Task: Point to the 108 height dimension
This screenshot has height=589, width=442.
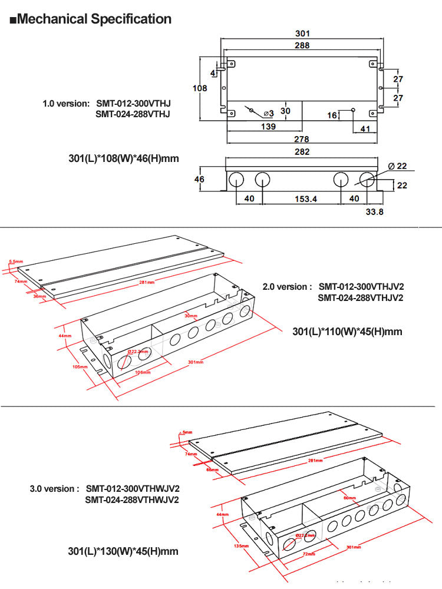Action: (200, 88)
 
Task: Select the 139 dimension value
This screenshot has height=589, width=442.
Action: (268, 127)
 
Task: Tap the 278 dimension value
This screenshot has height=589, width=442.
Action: (301, 138)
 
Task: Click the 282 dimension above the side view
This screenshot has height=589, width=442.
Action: (301, 152)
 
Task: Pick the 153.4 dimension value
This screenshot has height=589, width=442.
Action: (306, 199)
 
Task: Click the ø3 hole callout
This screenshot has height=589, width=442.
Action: (268, 112)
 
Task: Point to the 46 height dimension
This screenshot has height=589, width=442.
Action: (200, 179)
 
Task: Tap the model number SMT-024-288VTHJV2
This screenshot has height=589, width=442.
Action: (361, 297)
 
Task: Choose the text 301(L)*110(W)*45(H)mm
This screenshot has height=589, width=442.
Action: (347, 332)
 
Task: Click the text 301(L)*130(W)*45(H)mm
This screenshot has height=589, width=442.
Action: (123, 551)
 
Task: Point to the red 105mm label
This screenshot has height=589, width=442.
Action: (80, 366)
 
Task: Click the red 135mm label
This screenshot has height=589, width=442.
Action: (241, 546)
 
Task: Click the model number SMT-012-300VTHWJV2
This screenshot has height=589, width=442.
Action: (133, 489)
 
